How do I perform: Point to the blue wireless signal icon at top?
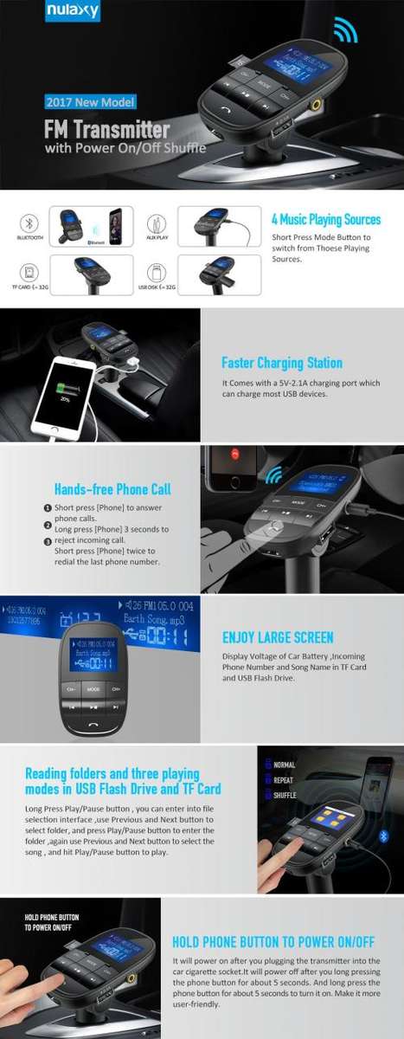point(345,30)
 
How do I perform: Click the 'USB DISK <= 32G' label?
point(156,287)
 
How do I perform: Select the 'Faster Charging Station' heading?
point(282,363)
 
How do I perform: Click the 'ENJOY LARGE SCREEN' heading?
point(278,637)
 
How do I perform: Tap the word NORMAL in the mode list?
point(285,765)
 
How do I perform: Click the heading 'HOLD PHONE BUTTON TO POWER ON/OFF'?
point(273,941)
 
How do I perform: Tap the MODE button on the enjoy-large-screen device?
point(92,688)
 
